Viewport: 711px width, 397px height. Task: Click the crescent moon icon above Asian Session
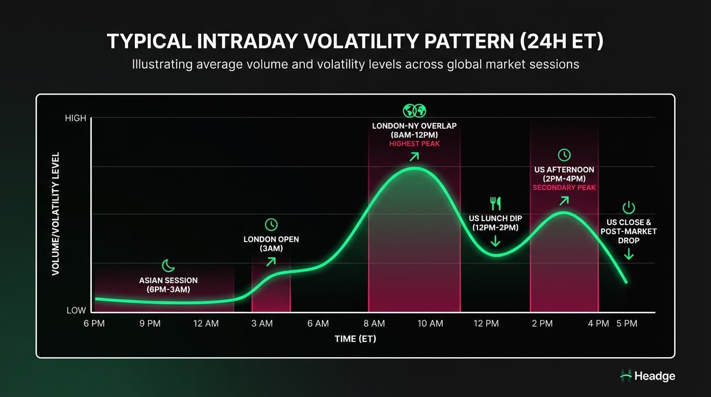point(168,266)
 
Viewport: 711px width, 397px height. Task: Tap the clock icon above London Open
point(271,224)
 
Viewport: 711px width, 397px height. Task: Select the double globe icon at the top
point(414,111)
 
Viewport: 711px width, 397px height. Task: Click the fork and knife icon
point(495,204)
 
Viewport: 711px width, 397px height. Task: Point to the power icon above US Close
point(628,208)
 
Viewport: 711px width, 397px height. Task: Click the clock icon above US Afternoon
point(564,155)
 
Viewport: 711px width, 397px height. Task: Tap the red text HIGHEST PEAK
point(414,143)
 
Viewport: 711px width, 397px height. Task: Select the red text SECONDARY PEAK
point(564,188)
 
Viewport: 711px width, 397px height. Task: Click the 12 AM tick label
point(206,324)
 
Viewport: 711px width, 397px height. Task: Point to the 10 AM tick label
point(430,324)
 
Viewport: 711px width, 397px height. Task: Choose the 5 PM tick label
point(627,324)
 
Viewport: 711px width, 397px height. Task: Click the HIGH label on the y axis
point(75,118)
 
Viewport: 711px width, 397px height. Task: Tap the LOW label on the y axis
point(76,311)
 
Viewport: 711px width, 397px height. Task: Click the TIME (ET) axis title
point(355,339)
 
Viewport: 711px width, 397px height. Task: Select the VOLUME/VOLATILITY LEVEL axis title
point(56,213)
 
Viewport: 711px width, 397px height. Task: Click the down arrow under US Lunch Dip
point(495,240)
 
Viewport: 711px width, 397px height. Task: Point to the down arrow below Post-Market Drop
point(628,253)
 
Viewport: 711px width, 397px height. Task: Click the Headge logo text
point(654,376)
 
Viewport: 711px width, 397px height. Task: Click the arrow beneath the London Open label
point(271,261)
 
